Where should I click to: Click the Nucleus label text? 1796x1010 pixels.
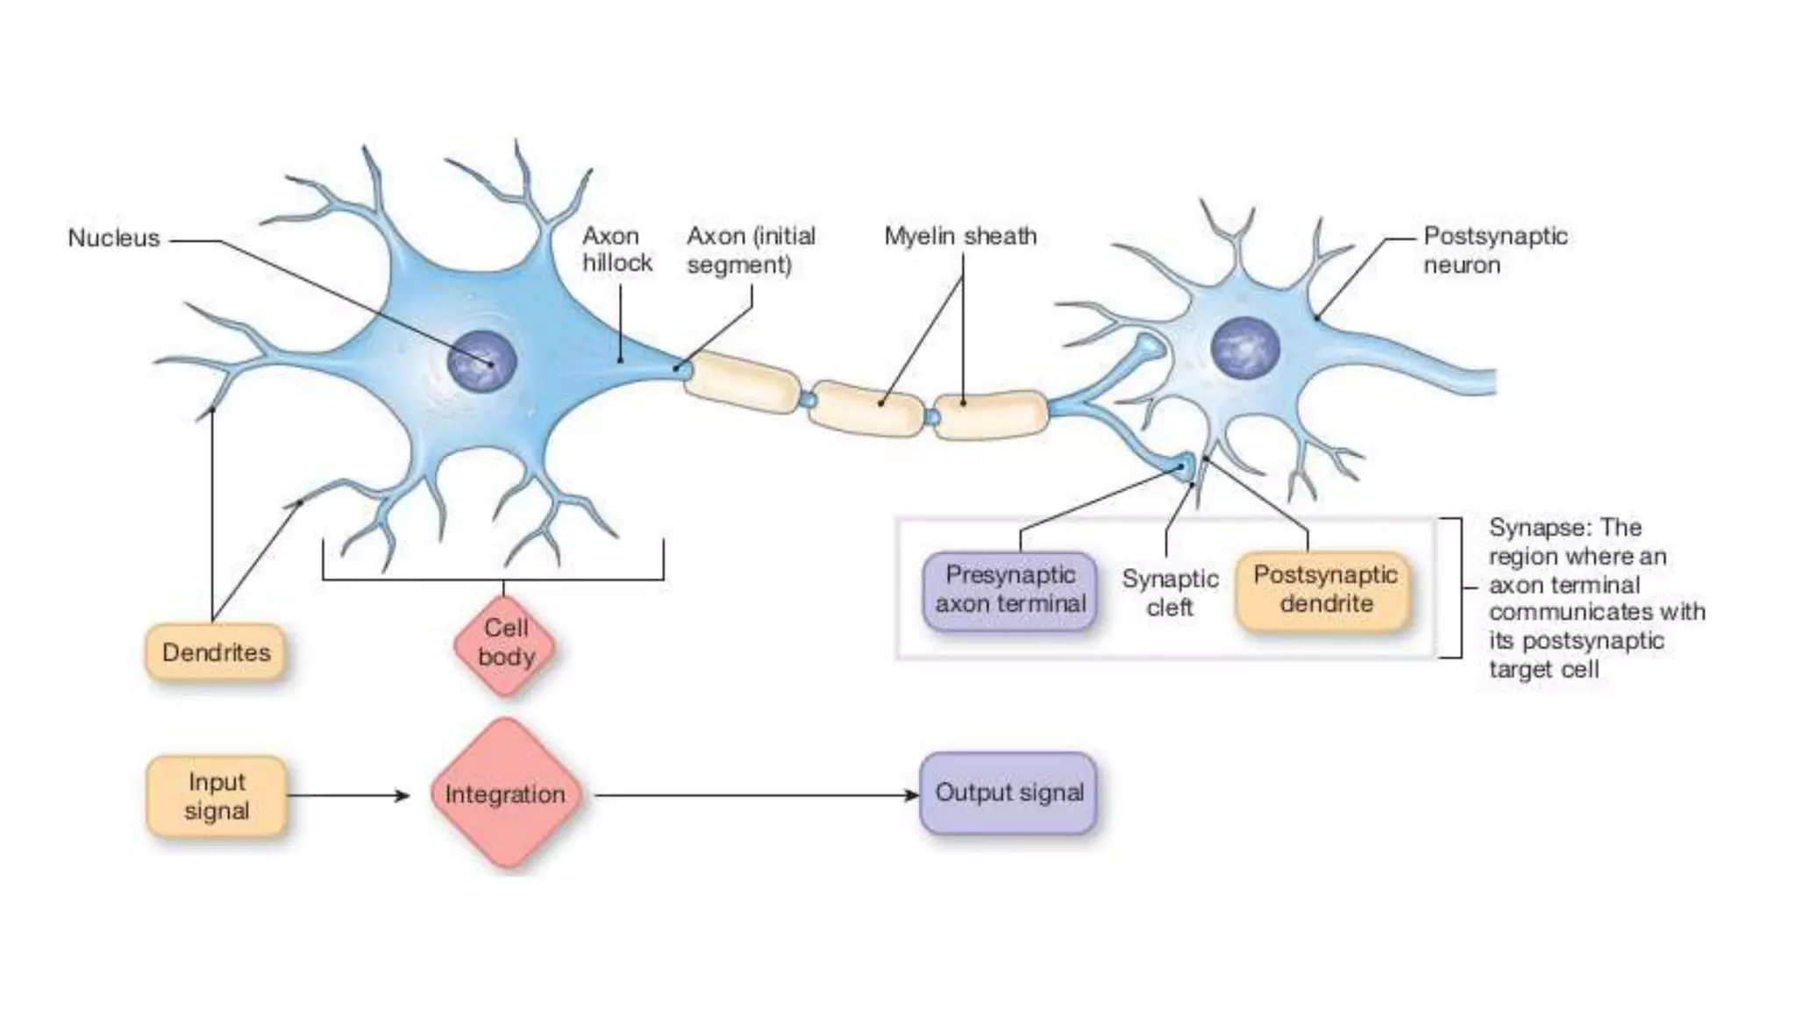coord(114,238)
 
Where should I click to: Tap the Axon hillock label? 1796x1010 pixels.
coord(616,249)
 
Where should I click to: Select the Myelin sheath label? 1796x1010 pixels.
coord(960,237)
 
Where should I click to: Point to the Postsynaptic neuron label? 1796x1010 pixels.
coord(1494,250)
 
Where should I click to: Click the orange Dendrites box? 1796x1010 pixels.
coord(216,652)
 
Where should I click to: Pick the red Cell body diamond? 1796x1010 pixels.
coord(506,644)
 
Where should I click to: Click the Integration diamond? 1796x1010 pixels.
coord(505,794)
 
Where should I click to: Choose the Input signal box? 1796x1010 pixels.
coord(217,796)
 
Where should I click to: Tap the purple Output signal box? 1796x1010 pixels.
coord(1008,793)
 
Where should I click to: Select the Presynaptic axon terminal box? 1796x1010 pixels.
coord(1010,590)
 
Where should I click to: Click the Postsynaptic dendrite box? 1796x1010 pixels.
coord(1324,590)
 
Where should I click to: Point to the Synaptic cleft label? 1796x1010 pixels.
coord(1170,593)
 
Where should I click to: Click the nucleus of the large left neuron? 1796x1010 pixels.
coord(481,361)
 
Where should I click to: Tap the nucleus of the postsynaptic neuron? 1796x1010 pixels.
coord(1244,347)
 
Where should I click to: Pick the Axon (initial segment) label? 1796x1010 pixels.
coord(751,250)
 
